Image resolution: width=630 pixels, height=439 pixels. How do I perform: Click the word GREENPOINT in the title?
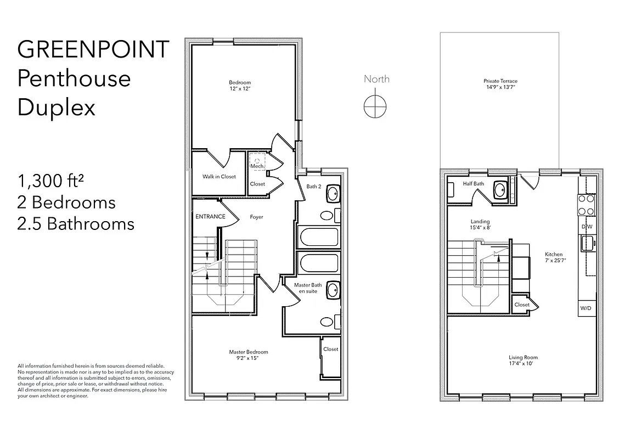(x=93, y=49)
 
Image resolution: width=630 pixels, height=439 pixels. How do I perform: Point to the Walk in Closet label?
(x=218, y=177)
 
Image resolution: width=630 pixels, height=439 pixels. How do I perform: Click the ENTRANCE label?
(x=210, y=217)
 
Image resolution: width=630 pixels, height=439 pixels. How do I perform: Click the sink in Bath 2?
(x=333, y=194)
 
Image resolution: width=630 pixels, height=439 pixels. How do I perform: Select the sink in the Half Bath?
(x=500, y=190)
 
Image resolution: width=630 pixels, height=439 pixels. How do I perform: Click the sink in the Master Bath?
(x=333, y=290)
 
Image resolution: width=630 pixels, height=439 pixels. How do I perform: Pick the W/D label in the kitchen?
(x=586, y=308)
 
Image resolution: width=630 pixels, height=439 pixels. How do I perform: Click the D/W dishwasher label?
(x=587, y=227)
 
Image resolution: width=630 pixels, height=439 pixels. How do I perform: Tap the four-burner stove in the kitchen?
(x=587, y=205)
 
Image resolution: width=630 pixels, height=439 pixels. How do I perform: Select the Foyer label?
(x=256, y=217)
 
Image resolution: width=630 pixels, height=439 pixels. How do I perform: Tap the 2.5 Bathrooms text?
(x=76, y=224)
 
